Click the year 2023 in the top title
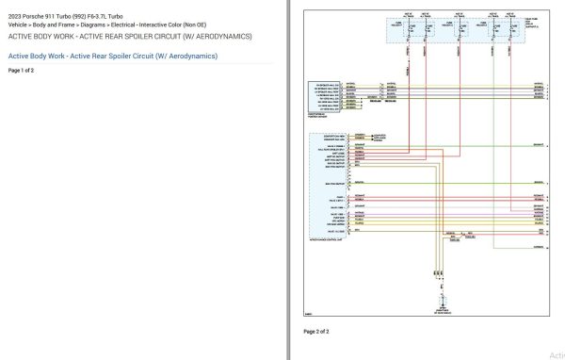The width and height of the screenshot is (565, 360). point(15,17)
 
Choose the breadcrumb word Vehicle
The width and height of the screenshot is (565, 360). point(19,25)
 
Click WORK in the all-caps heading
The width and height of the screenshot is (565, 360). point(59,36)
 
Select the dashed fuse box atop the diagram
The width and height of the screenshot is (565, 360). point(461,29)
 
